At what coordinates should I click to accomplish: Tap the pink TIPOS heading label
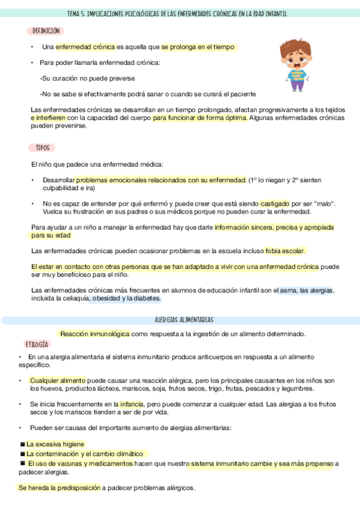(42, 147)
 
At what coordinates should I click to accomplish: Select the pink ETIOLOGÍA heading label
(37, 344)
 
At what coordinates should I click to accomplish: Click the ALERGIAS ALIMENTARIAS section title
(180, 320)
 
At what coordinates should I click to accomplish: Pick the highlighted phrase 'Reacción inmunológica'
(95, 334)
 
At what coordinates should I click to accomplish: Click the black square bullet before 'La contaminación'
(22, 454)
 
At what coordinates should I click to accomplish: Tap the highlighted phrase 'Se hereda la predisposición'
(59, 488)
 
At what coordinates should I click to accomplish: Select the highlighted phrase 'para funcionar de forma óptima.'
(200, 118)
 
